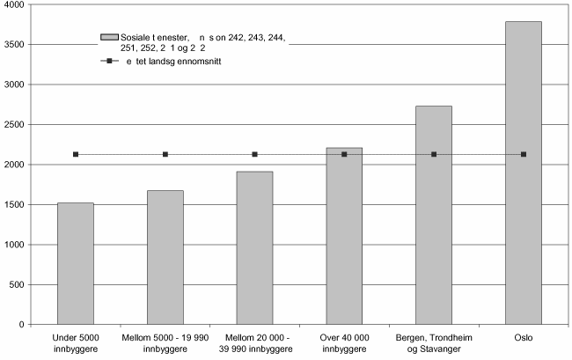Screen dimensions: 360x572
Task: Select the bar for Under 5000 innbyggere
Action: (x=75, y=263)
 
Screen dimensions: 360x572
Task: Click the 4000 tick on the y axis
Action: (x=13, y=4)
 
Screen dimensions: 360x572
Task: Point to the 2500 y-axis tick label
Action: (x=13, y=124)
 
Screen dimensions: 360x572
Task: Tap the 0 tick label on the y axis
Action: (x=22, y=325)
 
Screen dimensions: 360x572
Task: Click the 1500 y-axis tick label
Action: (x=13, y=204)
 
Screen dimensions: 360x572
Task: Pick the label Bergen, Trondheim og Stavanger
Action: (x=433, y=342)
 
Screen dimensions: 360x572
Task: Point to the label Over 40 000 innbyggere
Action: (x=343, y=342)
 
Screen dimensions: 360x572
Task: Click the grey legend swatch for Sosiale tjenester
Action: (x=109, y=37)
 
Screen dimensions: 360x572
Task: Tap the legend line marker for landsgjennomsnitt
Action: (x=109, y=62)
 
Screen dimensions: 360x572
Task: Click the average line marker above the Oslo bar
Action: (x=524, y=154)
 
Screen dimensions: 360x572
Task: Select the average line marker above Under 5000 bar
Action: (x=76, y=154)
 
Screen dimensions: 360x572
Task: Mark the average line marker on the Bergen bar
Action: (x=434, y=154)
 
